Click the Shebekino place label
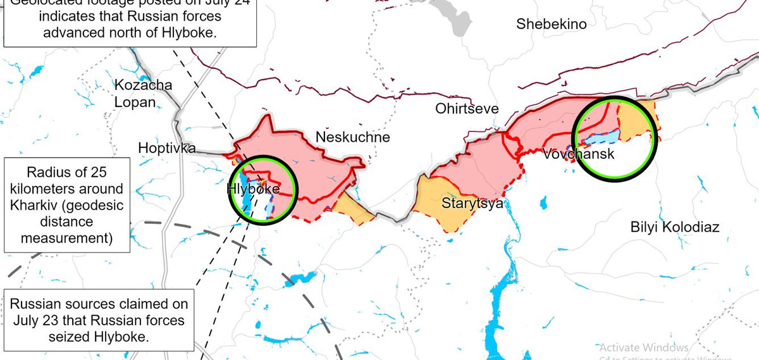[551, 25]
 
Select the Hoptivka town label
[167, 148]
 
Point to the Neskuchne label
[352, 137]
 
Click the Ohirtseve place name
[467, 109]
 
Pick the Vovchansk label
[578, 154]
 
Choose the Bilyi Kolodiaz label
[675, 228]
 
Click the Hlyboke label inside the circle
[253, 188]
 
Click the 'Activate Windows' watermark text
[643, 348]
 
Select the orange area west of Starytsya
[436, 199]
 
